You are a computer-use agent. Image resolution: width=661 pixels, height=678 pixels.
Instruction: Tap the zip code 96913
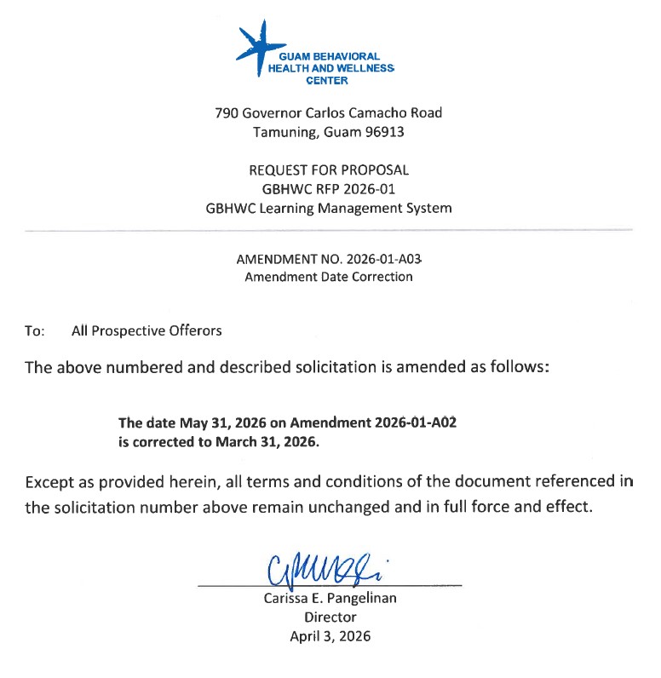(382, 132)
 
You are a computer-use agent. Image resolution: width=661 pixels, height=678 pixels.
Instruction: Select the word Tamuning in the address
(283, 132)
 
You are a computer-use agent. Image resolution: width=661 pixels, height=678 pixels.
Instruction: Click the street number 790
(227, 112)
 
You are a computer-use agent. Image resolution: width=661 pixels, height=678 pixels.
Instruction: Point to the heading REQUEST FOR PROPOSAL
(329, 169)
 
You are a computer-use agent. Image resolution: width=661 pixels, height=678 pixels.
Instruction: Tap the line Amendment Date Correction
(329, 276)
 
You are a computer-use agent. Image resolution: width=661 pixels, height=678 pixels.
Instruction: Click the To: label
(34, 330)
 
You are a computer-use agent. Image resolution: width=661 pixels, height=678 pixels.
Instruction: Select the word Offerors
(193, 330)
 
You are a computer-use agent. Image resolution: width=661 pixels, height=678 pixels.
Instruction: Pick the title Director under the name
(330, 617)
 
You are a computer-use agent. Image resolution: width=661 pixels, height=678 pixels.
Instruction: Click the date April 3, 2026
(330, 635)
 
